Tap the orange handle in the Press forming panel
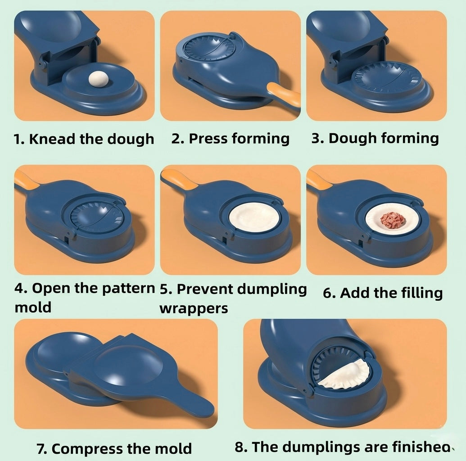pos(285,93)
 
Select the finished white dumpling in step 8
pos(346,374)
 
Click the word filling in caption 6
pos(415,293)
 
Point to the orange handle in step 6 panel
pos(317,180)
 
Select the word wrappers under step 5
pos(194,308)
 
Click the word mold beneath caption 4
pos(33,307)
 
